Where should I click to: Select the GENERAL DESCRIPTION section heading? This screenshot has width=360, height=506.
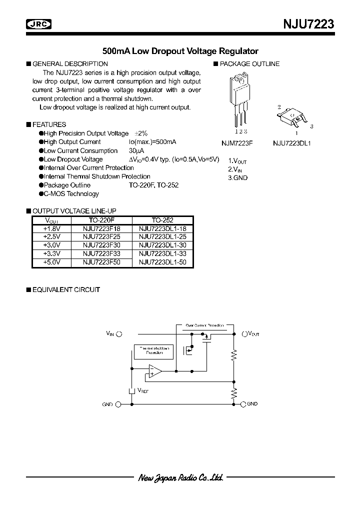70,64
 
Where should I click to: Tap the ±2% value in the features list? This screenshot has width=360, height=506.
141,133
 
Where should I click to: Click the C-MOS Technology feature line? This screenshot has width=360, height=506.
71,194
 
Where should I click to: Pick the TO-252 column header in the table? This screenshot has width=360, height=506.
162,220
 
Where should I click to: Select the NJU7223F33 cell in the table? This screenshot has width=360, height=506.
101,254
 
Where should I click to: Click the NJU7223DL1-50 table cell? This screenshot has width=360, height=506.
162,262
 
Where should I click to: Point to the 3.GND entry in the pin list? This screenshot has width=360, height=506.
238,178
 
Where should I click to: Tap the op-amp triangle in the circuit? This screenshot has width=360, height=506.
154,371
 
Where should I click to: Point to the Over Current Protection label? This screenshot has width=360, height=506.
204,325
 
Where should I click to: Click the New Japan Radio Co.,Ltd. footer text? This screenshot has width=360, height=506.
180,477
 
